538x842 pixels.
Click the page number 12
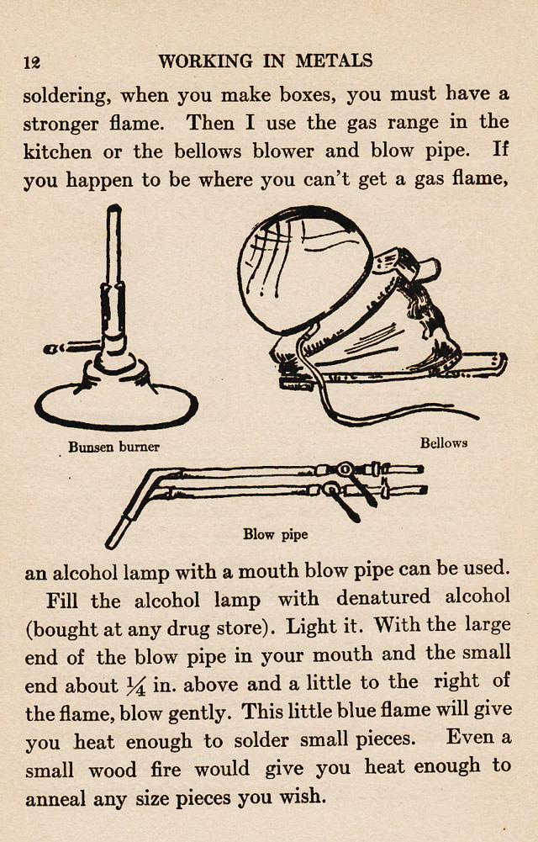[33, 61]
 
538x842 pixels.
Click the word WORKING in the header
[199, 61]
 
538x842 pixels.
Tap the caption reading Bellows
[444, 442]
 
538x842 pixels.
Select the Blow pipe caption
[276, 534]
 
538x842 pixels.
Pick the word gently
[199, 714]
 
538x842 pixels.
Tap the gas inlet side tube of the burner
[71, 346]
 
